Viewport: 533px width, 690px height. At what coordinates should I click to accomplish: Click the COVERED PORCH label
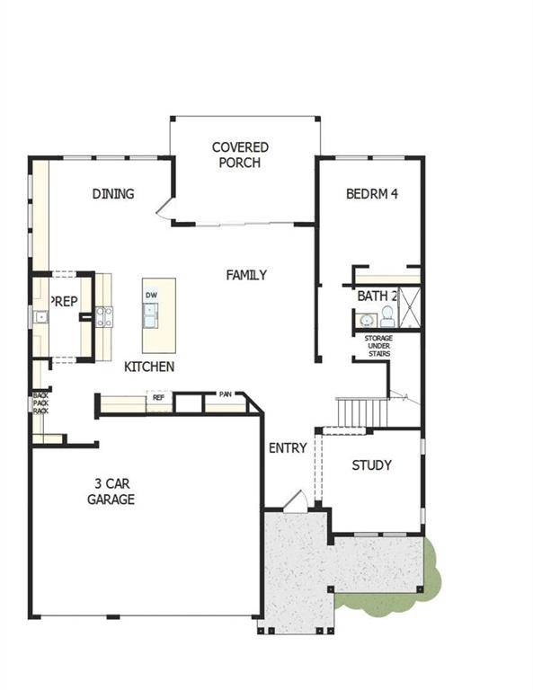[240, 155]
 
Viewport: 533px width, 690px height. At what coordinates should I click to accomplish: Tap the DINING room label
[113, 194]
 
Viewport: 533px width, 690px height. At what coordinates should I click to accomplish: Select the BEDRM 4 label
[372, 194]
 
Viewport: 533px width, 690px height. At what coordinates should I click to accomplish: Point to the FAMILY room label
[246, 275]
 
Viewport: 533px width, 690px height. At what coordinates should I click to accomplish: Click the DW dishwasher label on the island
[151, 295]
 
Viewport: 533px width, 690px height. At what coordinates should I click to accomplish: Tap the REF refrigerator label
[158, 397]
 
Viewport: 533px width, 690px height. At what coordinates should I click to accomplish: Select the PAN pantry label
[226, 394]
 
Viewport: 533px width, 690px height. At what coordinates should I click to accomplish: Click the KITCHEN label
[149, 367]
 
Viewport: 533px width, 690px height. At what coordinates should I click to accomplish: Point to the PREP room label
[64, 302]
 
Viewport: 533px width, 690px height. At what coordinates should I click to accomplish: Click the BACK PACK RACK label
[41, 403]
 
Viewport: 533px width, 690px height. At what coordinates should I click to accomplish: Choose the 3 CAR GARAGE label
[111, 491]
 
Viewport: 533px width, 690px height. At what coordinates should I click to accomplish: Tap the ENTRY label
[288, 448]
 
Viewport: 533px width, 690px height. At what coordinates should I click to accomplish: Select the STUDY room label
[372, 465]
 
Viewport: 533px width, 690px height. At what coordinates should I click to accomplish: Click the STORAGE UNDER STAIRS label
[378, 346]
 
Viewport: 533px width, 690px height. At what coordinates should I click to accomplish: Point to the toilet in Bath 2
[387, 316]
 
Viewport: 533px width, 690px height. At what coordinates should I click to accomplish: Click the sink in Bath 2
[366, 320]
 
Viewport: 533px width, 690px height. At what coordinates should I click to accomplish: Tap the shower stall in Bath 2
[410, 307]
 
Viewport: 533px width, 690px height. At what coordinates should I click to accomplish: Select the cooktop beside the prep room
[104, 317]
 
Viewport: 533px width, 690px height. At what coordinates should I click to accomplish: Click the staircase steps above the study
[362, 412]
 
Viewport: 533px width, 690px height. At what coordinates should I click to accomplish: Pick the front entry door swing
[296, 501]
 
